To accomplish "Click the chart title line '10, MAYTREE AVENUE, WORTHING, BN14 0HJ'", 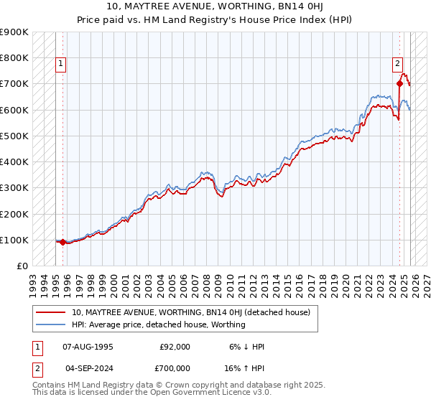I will pyautogui.click(x=215, y=7).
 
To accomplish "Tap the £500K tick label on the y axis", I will pyautogui.click(x=14, y=136).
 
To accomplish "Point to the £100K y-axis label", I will pyautogui.click(x=14, y=240).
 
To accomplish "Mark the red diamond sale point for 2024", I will pyautogui.click(x=399, y=83).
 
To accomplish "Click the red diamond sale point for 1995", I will pyautogui.click(x=62, y=242).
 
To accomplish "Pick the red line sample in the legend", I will pyautogui.click(x=51, y=312).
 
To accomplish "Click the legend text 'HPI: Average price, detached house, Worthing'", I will pyautogui.click(x=159, y=324).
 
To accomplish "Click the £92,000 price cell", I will pyautogui.click(x=175, y=347).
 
